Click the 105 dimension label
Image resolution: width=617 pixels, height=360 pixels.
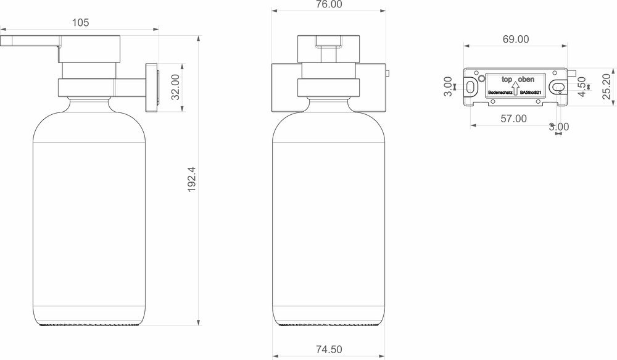80,23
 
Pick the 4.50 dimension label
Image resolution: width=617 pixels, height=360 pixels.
581,88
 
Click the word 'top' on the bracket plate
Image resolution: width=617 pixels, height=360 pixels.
507,80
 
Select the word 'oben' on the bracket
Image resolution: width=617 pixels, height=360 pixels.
526,80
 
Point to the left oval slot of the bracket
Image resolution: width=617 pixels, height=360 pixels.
471,87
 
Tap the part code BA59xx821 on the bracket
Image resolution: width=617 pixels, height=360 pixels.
531,92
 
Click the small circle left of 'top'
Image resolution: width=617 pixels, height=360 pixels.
481,80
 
